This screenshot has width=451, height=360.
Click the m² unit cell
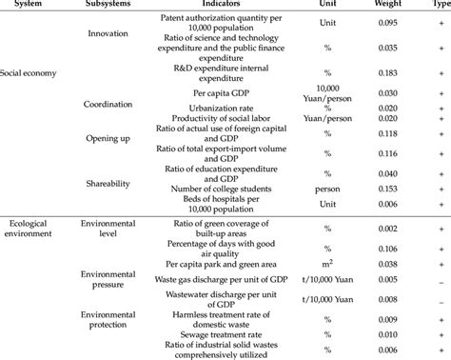click(x=328, y=263)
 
